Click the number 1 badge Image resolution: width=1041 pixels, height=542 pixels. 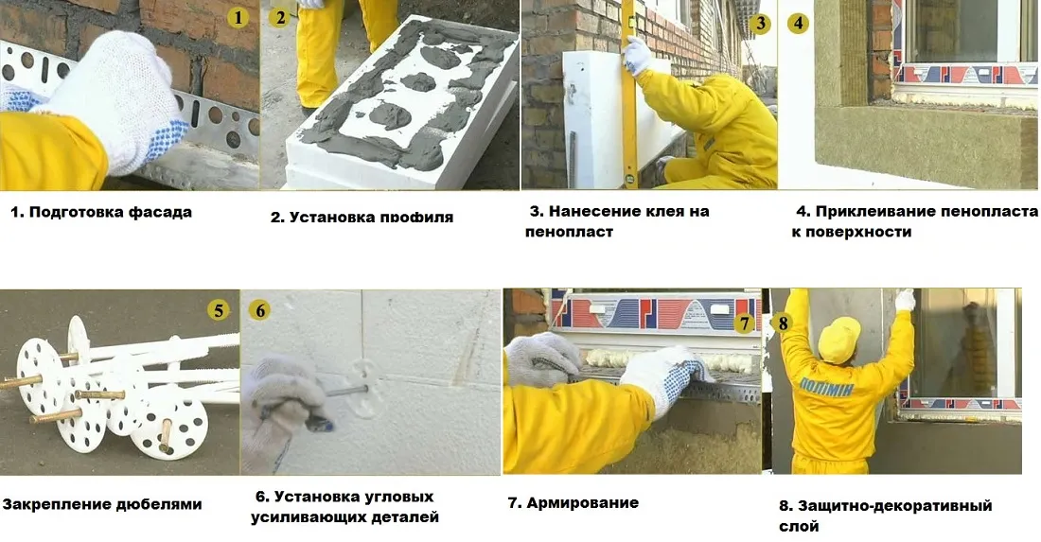pyautogui.click(x=238, y=18)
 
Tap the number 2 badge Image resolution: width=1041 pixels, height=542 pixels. pyautogui.click(x=279, y=18)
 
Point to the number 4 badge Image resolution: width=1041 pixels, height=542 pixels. pyautogui.click(x=799, y=23)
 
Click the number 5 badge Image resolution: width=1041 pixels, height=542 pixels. pyautogui.click(x=220, y=310)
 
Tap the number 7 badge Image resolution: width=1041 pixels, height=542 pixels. pyautogui.click(x=745, y=323)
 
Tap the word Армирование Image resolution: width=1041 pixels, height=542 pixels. pyautogui.click(x=582, y=502)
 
